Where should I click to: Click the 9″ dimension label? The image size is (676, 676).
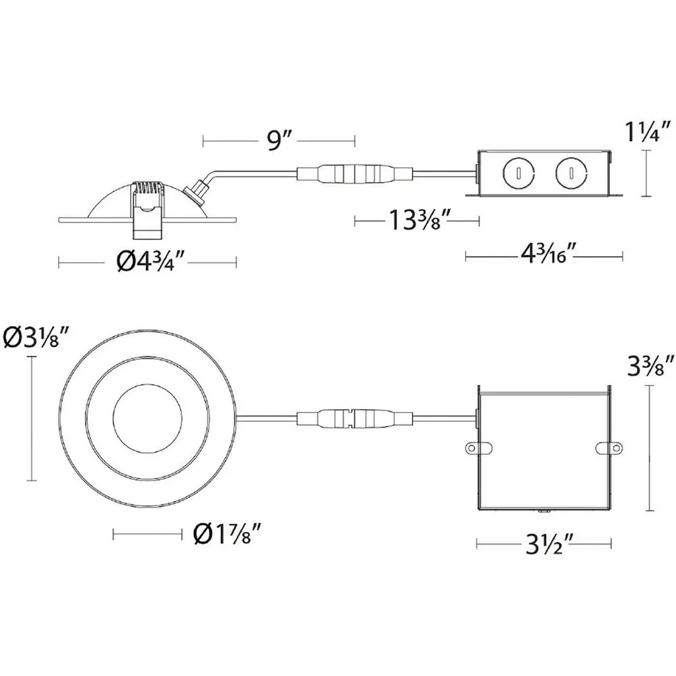pos(280,141)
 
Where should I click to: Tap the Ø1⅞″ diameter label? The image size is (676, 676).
pos(227,534)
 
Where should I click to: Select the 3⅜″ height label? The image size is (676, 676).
pos(651,366)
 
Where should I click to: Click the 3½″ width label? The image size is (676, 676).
pos(549,545)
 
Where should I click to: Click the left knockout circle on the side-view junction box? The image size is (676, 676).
pos(518,173)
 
